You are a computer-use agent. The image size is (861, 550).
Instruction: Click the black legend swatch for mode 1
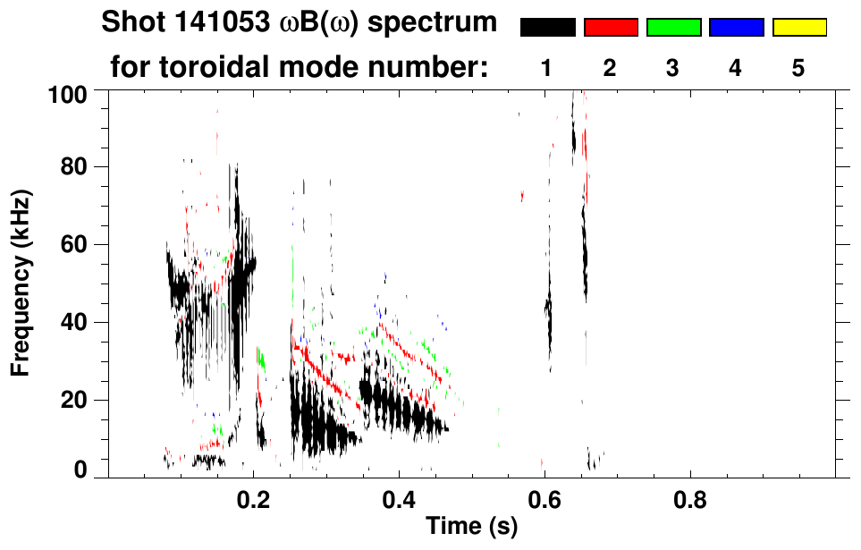point(547,28)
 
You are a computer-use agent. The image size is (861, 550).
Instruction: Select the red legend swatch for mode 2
point(611,28)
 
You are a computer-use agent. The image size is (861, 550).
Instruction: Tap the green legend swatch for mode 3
point(673,28)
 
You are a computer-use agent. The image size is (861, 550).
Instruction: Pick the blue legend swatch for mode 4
point(736,28)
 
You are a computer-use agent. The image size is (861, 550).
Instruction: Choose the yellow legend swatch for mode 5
point(799,28)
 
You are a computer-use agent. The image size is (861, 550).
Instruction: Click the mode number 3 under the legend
point(673,69)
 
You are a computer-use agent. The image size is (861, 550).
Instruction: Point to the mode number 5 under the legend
point(799,69)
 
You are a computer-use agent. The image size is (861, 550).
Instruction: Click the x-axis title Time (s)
point(471,527)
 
